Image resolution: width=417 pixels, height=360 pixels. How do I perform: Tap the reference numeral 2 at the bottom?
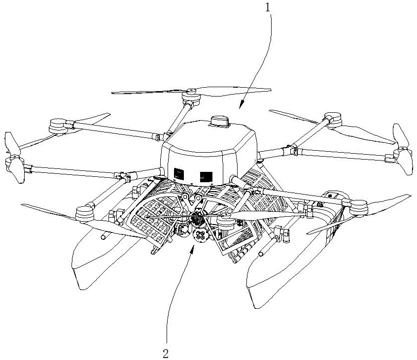[166, 353]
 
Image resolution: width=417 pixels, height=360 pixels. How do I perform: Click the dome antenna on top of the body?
[220, 121]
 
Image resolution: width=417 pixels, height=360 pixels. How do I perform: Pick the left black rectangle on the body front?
[178, 173]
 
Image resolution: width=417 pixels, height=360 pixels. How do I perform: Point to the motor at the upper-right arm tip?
[332, 119]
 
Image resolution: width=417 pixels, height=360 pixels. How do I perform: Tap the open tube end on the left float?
[103, 238]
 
